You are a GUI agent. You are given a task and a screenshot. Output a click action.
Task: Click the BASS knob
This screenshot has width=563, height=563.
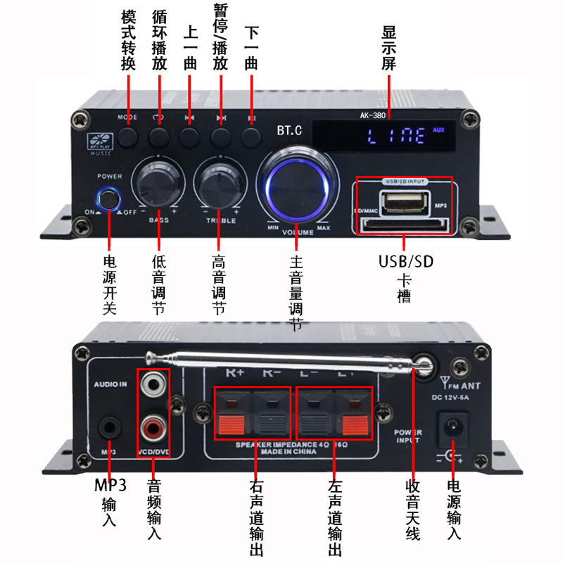(158, 183)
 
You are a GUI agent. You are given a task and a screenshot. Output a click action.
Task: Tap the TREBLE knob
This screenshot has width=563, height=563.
(219, 183)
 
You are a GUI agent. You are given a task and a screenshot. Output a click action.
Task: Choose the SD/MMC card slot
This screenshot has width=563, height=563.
(404, 227)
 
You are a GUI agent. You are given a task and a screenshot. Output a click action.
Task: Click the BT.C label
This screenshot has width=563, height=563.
(290, 131)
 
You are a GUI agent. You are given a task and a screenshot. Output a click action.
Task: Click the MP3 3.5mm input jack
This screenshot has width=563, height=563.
(109, 426)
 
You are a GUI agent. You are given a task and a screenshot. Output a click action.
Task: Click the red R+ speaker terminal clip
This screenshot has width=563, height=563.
(232, 424)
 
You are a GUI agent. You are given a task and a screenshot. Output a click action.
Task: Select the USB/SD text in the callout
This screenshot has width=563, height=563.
(406, 262)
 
